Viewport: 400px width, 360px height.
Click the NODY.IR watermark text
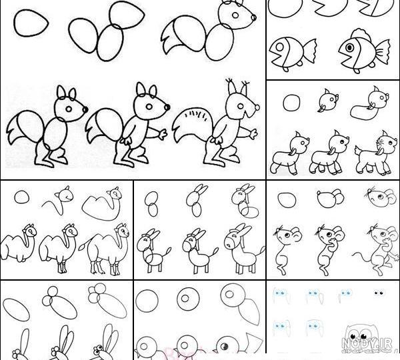tap(366, 343)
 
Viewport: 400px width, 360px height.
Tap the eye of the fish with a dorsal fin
tap(350, 47)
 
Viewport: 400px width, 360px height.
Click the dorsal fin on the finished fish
tap(361, 34)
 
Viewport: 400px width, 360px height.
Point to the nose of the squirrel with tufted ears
tap(257, 107)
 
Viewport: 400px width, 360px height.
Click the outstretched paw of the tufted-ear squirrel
tap(253, 134)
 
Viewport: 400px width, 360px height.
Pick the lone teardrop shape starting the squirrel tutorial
tap(31, 23)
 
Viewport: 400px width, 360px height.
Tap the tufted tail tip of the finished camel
tap(82, 247)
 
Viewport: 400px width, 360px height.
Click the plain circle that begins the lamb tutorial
tap(291, 103)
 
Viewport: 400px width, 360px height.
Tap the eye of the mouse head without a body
tap(381, 197)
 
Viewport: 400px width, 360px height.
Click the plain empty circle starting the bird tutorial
tap(147, 301)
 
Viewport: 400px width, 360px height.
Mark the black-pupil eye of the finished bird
tap(224, 346)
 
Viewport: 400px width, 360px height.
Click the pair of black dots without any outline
tap(379, 293)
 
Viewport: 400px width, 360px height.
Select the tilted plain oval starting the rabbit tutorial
tap(16, 309)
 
